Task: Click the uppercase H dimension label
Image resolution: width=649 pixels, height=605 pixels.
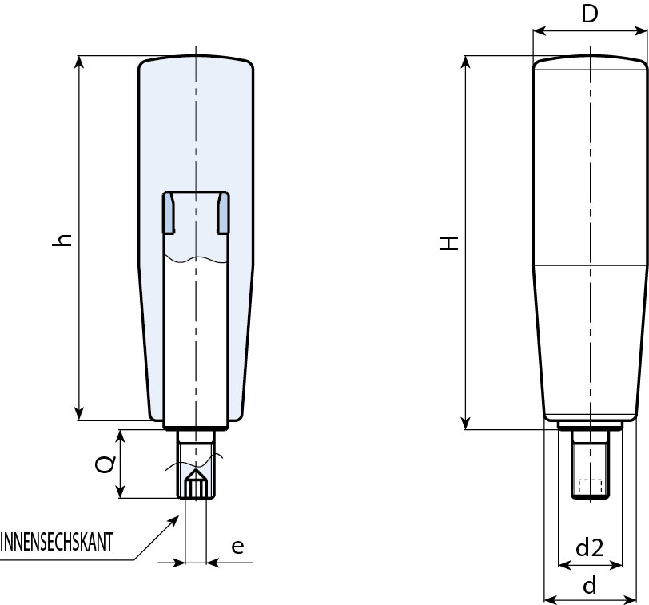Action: [452, 243]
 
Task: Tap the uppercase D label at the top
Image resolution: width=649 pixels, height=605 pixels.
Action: [590, 14]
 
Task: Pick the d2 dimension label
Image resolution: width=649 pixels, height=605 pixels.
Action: [590, 547]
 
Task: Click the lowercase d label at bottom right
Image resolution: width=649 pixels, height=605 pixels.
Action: [590, 586]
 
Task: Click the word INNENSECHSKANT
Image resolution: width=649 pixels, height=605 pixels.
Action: [57, 543]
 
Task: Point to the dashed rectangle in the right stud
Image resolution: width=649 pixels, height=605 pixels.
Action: [590, 485]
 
